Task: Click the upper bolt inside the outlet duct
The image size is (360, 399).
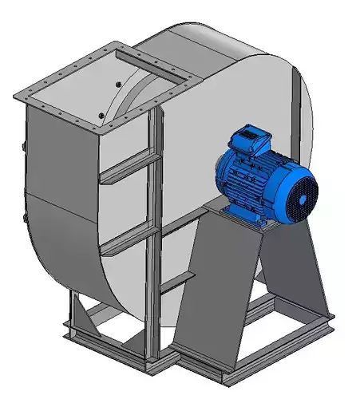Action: point(117,83)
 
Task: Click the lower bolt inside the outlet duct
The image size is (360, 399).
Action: point(101,117)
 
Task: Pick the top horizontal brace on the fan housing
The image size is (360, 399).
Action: point(128,164)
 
